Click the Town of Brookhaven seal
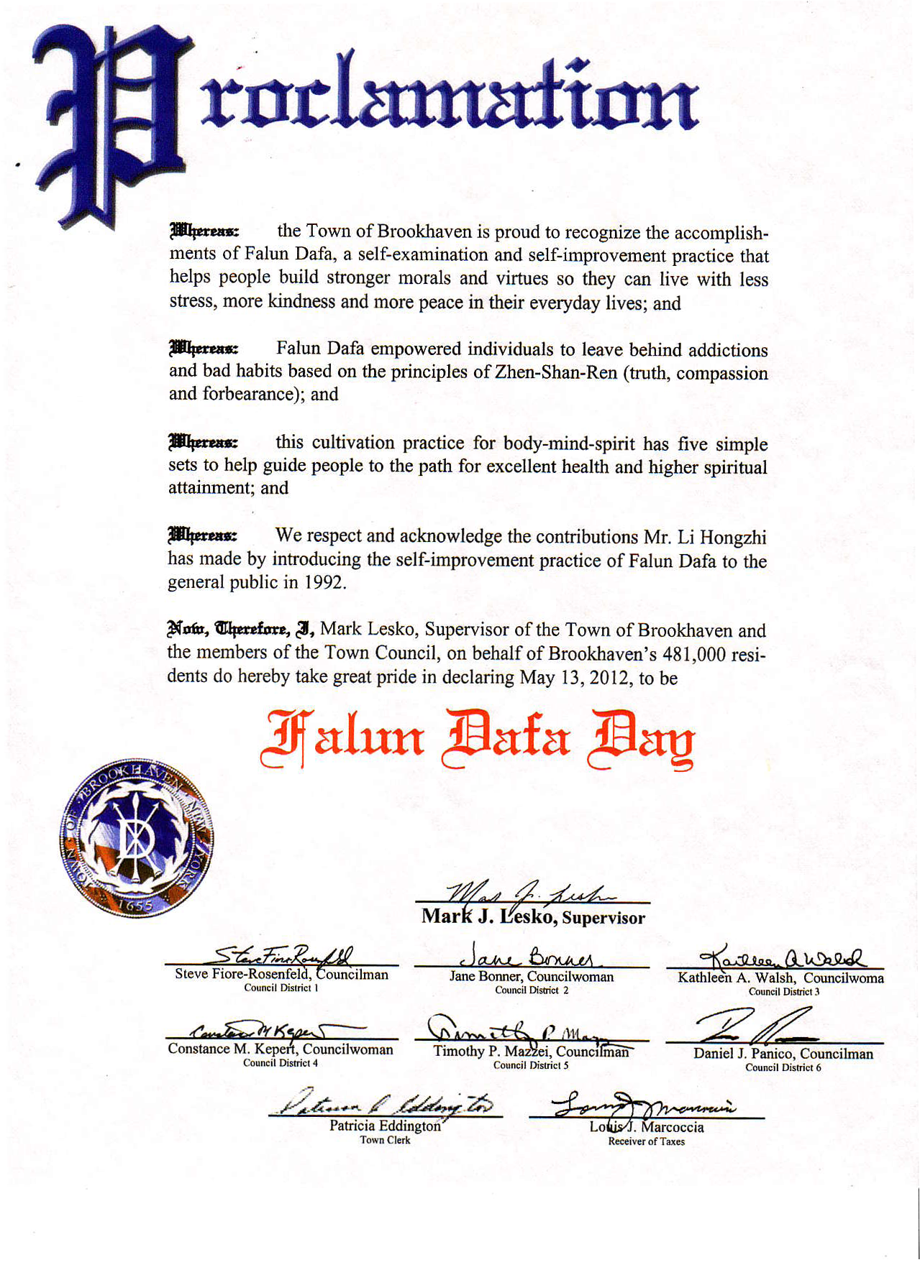point(136,837)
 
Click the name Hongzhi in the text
point(733,538)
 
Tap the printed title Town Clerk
point(385,1140)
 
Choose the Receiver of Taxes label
point(646,1141)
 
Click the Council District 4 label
point(280,1063)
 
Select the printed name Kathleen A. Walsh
point(736,978)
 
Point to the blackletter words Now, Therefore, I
point(241,630)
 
